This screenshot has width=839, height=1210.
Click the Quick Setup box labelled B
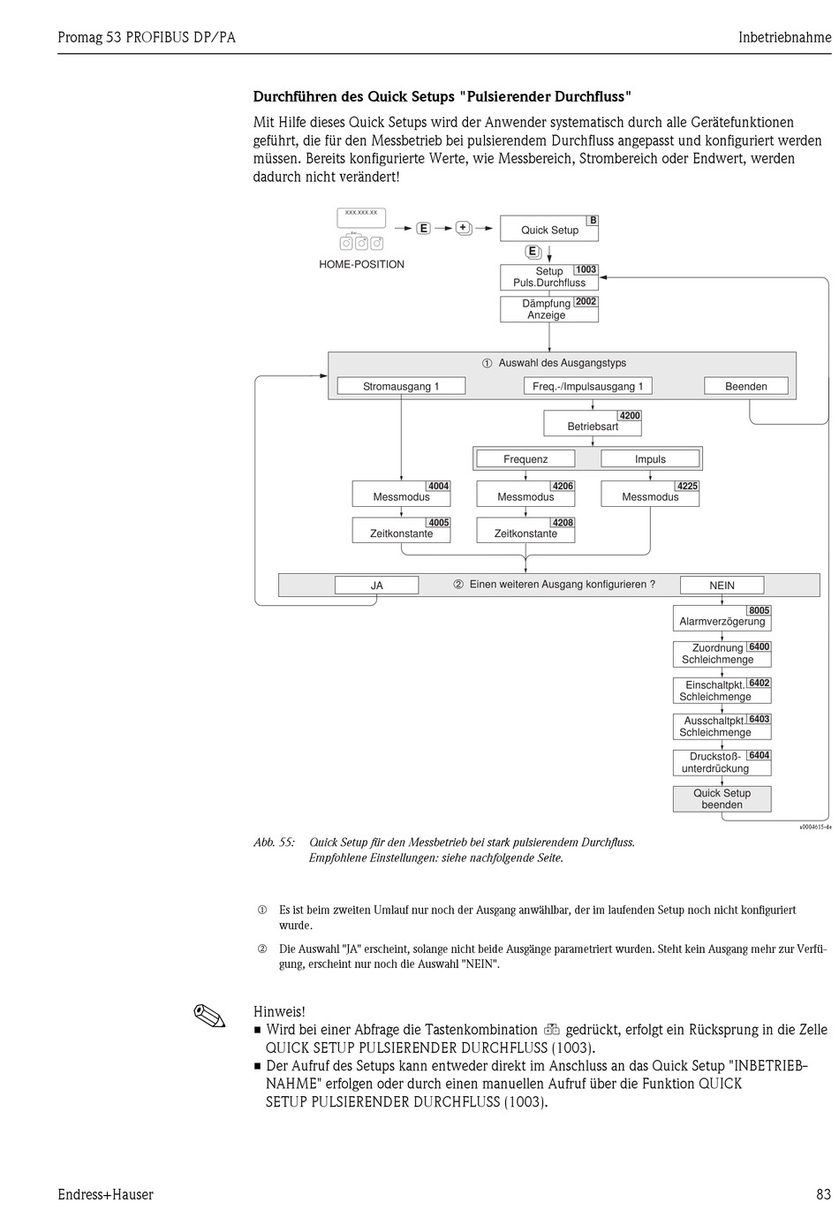point(549,229)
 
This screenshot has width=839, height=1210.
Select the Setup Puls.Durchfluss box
point(549,277)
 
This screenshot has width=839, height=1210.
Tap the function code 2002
point(586,301)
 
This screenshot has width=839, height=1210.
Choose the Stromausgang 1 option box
point(401,386)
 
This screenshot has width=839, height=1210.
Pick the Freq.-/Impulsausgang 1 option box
point(588,386)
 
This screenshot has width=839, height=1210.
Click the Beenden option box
point(746,386)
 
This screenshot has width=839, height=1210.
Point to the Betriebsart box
point(593,423)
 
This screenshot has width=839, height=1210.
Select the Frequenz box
point(525,459)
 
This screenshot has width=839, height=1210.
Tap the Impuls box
point(650,459)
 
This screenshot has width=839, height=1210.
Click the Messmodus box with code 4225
point(650,494)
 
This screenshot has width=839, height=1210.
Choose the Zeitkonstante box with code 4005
point(401,531)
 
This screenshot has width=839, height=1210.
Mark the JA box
point(376,586)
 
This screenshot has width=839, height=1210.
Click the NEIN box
point(722,586)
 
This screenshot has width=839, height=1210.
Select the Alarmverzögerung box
point(722,618)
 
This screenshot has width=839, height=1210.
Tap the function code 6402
point(759,684)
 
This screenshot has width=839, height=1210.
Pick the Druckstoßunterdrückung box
point(722,763)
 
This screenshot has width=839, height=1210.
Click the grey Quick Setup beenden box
point(722,799)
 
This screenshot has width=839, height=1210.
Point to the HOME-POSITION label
point(361,264)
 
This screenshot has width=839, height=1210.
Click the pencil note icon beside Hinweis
point(209,1016)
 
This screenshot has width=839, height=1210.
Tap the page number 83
point(823,1194)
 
